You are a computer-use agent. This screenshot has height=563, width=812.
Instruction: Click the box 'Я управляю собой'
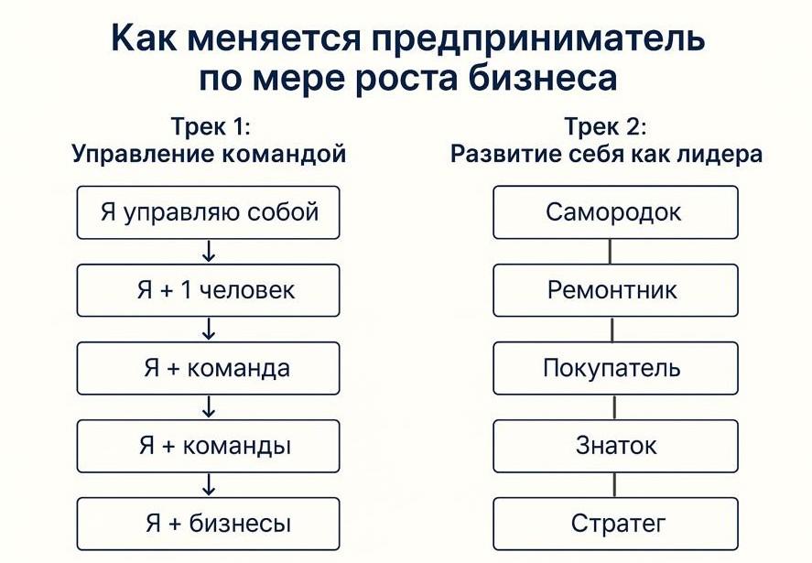pyautogui.click(x=208, y=212)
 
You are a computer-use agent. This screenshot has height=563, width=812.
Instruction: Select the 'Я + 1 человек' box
pyautogui.click(x=208, y=290)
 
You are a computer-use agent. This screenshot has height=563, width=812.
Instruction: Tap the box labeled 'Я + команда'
pyautogui.click(x=208, y=368)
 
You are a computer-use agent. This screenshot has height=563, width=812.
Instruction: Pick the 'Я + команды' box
pyautogui.click(x=208, y=446)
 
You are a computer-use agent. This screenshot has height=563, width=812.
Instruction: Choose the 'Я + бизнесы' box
pyautogui.click(x=208, y=524)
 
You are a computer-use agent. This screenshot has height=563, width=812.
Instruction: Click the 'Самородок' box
pyautogui.click(x=614, y=212)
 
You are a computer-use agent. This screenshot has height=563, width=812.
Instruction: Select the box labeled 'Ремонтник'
pyautogui.click(x=614, y=290)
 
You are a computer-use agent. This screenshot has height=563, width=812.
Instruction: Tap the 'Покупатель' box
pyautogui.click(x=614, y=368)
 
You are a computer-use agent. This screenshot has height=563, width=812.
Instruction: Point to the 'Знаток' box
pyautogui.click(x=614, y=446)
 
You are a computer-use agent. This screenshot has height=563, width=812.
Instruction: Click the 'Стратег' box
pyautogui.click(x=614, y=524)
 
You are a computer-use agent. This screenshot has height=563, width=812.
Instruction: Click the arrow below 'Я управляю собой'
pyautogui.click(x=209, y=252)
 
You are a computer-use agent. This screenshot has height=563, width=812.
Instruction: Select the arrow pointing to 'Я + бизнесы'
pyautogui.click(x=209, y=485)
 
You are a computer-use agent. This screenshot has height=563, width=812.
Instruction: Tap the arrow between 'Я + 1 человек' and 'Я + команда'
pyautogui.click(x=209, y=330)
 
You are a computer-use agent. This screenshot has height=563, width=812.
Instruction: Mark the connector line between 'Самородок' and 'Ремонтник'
pyautogui.click(x=612, y=252)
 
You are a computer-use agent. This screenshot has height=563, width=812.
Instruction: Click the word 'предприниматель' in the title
pyautogui.click(x=539, y=40)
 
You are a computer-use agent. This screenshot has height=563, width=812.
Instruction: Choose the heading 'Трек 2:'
pyautogui.click(x=606, y=126)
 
